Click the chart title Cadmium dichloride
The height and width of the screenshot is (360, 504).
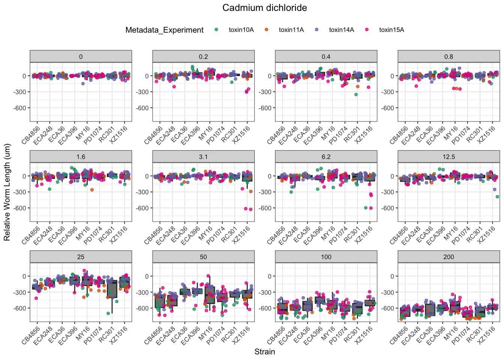click(264, 8)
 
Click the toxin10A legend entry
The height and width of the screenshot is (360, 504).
click(241, 30)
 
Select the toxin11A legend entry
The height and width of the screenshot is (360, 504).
click(291, 30)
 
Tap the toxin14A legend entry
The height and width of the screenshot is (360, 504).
click(341, 30)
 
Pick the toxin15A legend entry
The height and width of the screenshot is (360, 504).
click(391, 30)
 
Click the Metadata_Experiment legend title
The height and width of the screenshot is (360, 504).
click(164, 30)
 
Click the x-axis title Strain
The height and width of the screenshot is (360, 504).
click(264, 352)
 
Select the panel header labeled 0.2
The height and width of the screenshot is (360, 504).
click(203, 57)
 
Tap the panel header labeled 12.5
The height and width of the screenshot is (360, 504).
click(448, 157)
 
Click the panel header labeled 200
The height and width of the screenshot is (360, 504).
click(448, 257)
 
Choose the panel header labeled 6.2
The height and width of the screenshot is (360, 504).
click(326, 157)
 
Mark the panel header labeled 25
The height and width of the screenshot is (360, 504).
click(81, 257)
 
